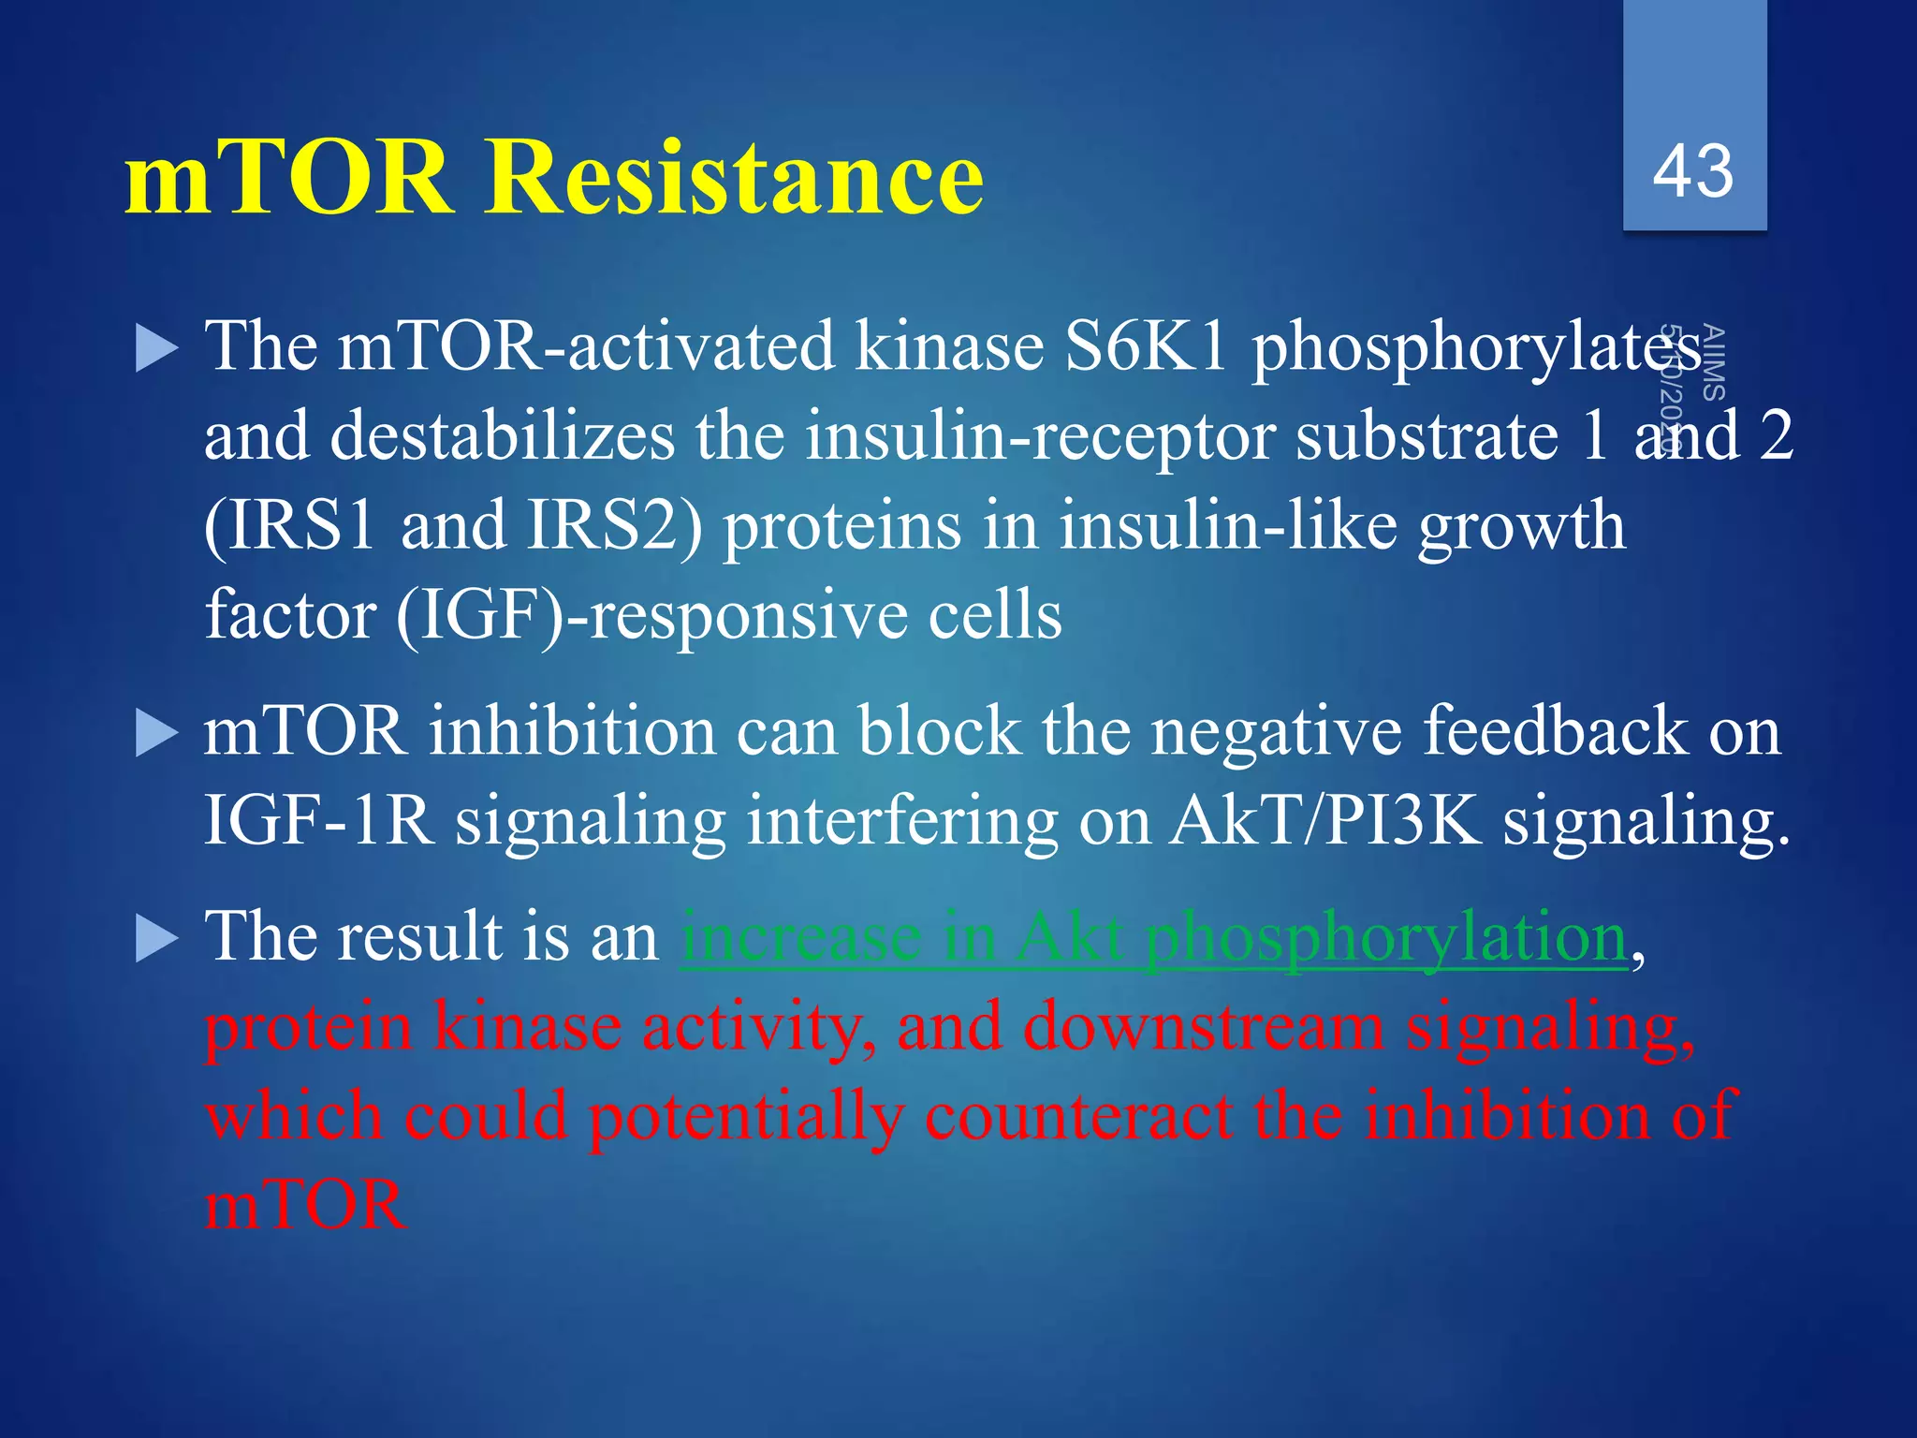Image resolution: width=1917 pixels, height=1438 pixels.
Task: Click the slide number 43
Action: coord(1692,172)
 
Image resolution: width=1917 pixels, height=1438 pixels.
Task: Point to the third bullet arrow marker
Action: coord(155,938)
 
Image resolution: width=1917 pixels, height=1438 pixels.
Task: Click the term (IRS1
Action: coord(289,525)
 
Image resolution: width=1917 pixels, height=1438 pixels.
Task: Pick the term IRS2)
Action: coord(614,525)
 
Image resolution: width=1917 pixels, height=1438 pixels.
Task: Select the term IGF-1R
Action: coord(318,821)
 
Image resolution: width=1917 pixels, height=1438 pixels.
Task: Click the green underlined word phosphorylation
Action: coord(1387,938)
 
